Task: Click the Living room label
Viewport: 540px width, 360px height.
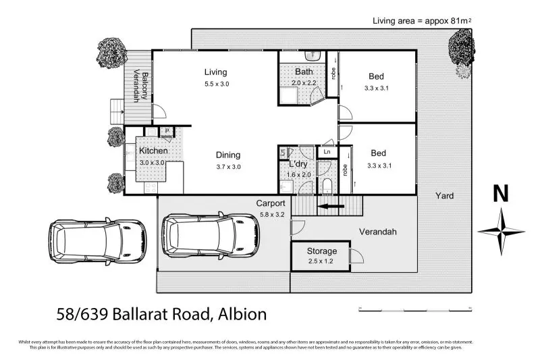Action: coord(216,72)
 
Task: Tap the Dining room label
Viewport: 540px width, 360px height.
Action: coord(228,155)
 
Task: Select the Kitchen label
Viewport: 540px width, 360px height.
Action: coord(153,151)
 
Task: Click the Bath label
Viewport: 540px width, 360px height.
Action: coord(303,72)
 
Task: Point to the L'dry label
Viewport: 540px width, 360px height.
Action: coord(298,164)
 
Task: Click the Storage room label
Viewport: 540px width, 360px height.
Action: coord(322,251)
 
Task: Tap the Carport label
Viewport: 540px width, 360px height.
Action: coord(270,203)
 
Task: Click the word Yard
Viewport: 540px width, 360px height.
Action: coord(443,196)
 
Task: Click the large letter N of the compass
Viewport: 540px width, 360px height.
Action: coord(500,194)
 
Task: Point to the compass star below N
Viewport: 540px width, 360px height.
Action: coord(501,231)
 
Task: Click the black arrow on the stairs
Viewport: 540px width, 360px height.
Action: coord(331,207)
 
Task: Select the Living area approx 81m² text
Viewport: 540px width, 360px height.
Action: coord(421,21)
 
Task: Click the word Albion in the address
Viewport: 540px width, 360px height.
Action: coord(242,314)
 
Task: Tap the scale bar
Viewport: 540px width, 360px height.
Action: coord(414,309)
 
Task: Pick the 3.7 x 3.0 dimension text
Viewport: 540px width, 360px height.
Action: coord(228,166)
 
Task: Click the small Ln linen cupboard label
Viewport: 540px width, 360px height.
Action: coord(327,153)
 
